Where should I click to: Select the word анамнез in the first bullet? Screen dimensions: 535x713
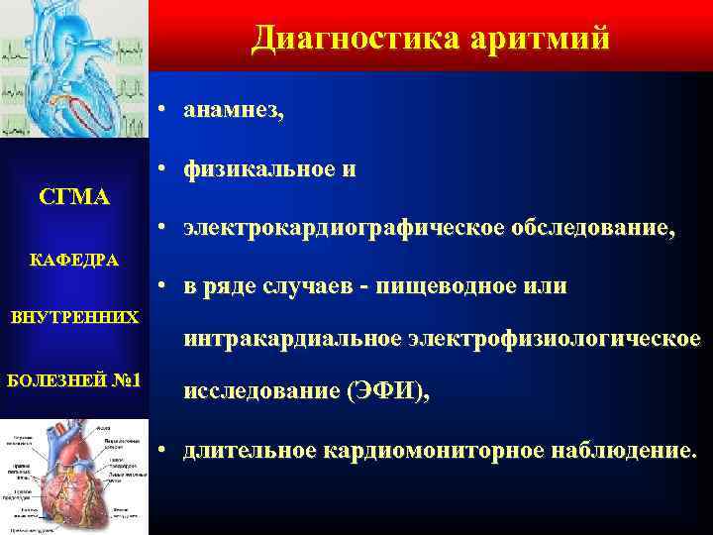pyautogui.click(x=232, y=112)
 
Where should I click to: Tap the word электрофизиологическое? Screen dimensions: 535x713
pyautogui.click(x=552, y=340)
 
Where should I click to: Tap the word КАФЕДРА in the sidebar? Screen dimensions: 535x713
pyautogui.click(x=74, y=261)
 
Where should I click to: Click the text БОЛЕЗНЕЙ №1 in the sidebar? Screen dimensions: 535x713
pyautogui.click(x=74, y=380)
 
